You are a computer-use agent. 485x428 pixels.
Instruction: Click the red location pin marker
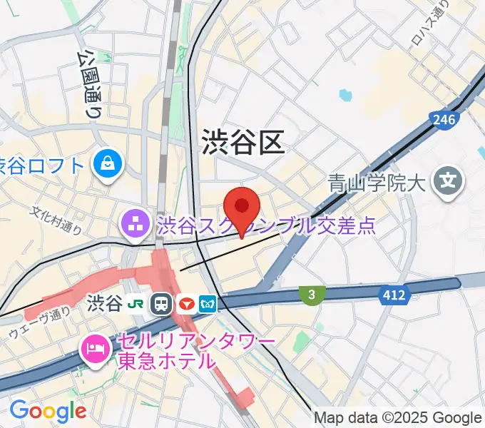pyautogui.click(x=242, y=208)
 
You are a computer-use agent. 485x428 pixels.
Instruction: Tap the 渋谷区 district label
pyautogui.click(x=243, y=142)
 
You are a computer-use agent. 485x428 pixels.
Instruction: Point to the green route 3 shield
pyautogui.click(x=311, y=294)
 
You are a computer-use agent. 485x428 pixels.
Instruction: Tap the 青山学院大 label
pyautogui.click(x=377, y=183)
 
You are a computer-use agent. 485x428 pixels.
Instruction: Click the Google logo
pyautogui.click(x=48, y=411)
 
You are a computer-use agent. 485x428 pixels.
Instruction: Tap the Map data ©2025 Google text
pyautogui.click(x=398, y=417)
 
